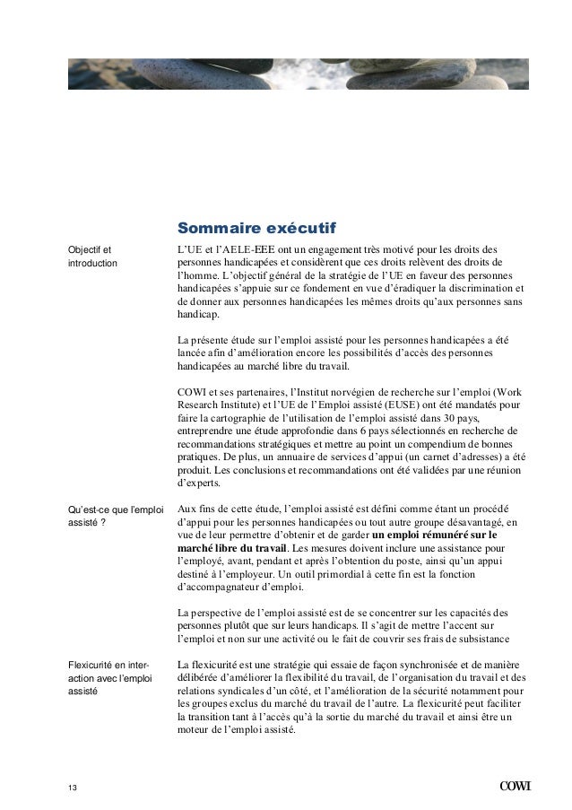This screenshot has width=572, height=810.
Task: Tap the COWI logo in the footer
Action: [x=515, y=788]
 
